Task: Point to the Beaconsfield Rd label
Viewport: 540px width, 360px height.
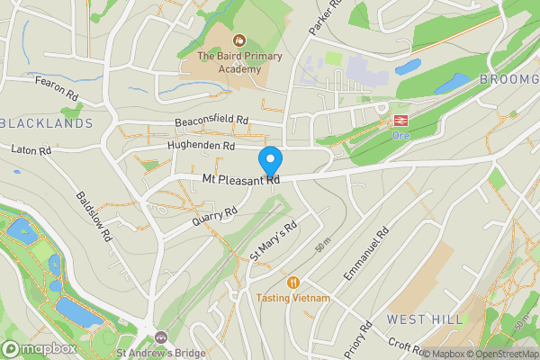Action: tap(211, 121)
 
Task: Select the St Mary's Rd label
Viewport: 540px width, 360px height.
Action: tap(274, 242)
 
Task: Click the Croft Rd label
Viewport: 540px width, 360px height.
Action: tap(406, 346)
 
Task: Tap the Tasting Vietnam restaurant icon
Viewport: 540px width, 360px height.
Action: tap(292, 282)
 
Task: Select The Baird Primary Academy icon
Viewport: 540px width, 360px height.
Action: tap(239, 40)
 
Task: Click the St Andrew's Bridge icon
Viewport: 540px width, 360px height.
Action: tap(161, 337)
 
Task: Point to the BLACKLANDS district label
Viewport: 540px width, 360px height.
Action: tap(47, 122)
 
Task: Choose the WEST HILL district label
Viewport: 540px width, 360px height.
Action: tap(425, 319)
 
